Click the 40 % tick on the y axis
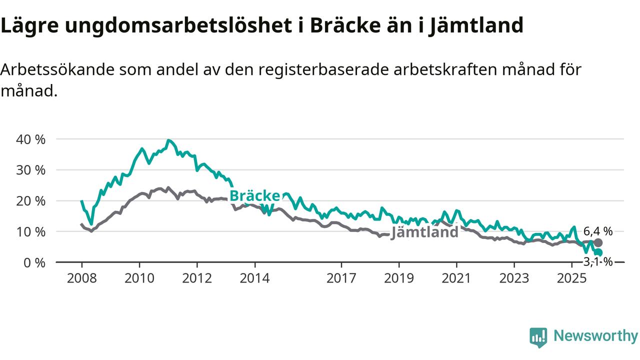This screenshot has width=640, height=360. pyautogui.click(x=31, y=139)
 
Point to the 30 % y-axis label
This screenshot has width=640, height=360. pyautogui.click(x=31, y=170)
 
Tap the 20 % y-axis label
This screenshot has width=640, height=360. pyautogui.click(x=31, y=201)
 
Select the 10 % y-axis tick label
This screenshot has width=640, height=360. pyautogui.click(x=31, y=232)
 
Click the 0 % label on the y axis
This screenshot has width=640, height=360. pyautogui.click(x=35, y=262)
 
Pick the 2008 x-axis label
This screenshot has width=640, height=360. pyautogui.click(x=81, y=278)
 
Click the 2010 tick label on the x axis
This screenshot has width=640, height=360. pyautogui.click(x=139, y=278)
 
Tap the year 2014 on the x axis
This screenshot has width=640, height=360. pyautogui.click(x=254, y=278)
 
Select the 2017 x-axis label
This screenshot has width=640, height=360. pyautogui.click(x=341, y=278)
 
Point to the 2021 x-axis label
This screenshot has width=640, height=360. pyautogui.click(x=456, y=278)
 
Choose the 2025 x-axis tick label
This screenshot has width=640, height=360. pyautogui.click(x=572, y=278)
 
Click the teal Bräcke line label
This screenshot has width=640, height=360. pyautogui.click(x=254, y=196)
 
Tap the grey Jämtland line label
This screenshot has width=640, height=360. pyautogui.click(x=424, y=232)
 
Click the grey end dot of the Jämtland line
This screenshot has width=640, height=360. pyautogui.click(x=598, y=242)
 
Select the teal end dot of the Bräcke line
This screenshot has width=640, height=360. pyautogui.click(x=598, y=252)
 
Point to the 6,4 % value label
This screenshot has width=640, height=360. pyautogui.click(x=598, y=231)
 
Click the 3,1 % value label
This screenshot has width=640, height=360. pyautogui.click(x=598, y=261)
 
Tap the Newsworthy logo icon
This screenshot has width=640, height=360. pyautogui.click(x=538, y=337)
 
